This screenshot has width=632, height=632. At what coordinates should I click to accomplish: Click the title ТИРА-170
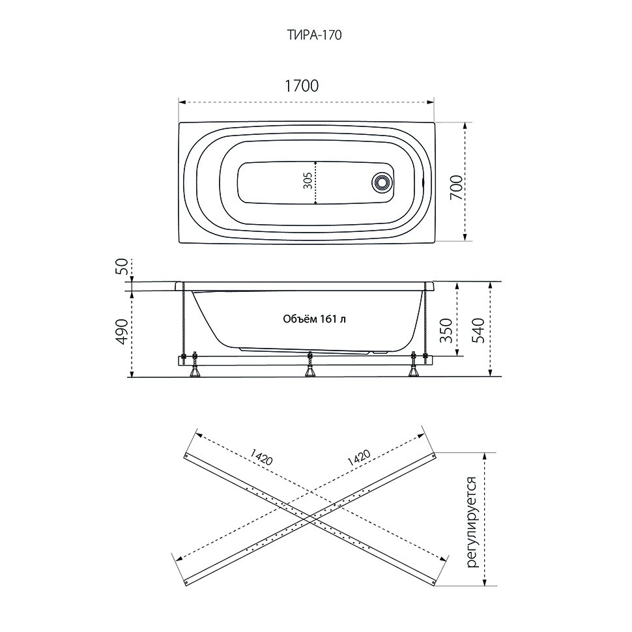[x=314, y=35]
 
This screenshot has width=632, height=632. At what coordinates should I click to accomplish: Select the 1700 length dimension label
[x=302, y=86]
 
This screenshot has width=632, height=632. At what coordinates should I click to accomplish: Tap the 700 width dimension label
[x=456, y=188]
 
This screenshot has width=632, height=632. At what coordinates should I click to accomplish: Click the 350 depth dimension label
[x=446, y=330]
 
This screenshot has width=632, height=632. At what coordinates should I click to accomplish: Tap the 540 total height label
[x=478, y=330]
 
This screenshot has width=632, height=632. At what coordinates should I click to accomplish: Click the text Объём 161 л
[x=315, y=319]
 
